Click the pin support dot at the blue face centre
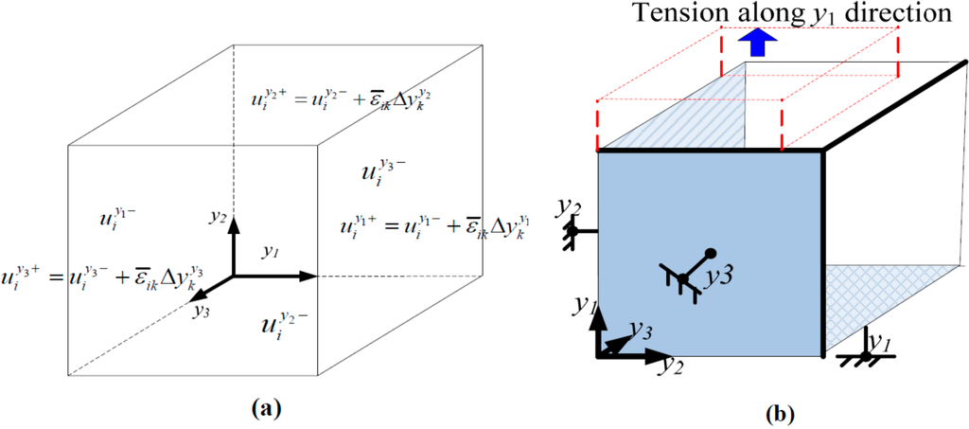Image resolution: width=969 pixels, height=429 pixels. (x=682, y=278)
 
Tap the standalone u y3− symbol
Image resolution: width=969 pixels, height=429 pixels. (x=380, y=171)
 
